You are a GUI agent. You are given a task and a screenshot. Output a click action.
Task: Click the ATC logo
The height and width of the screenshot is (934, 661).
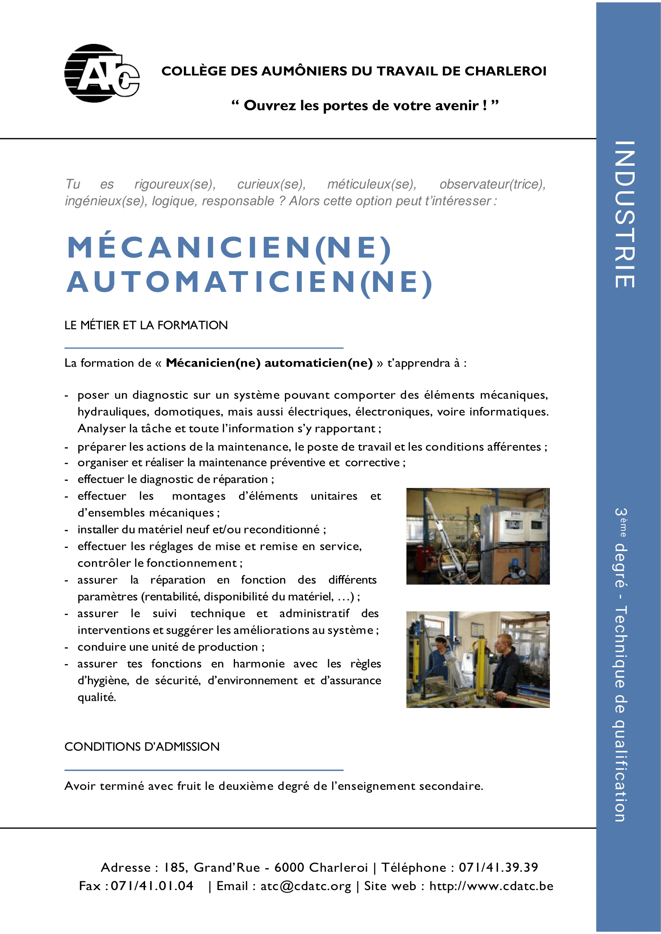point(102,73)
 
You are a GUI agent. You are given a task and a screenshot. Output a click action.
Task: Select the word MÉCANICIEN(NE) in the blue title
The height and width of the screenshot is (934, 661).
point(229,247)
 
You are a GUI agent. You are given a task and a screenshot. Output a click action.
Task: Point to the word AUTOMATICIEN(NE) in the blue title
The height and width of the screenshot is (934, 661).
point(249,282)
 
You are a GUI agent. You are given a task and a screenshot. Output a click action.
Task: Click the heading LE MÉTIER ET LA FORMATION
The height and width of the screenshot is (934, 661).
point(146,325)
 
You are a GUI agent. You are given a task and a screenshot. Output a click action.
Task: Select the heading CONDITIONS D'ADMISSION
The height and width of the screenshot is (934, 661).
point(141,747)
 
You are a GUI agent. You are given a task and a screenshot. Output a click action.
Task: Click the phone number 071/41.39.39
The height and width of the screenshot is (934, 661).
point(498,867)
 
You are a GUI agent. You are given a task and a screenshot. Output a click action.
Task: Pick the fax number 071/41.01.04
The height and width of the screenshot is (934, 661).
point(152,886)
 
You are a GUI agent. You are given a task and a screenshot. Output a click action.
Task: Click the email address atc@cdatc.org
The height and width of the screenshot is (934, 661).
point(305,886)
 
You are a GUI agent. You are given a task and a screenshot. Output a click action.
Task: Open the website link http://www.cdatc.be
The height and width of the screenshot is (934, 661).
point(491,886)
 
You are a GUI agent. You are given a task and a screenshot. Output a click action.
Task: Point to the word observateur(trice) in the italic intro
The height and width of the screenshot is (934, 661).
point(492,184)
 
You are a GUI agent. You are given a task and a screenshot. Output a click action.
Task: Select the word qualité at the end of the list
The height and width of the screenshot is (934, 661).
point(96,698)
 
